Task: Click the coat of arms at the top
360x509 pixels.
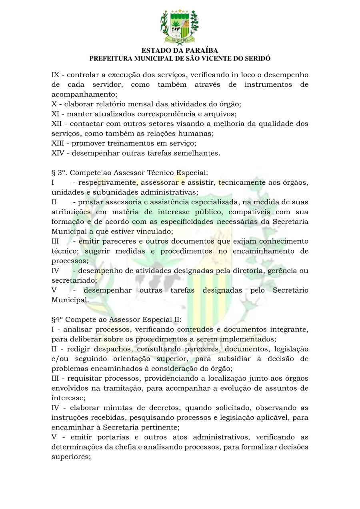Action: pyautogui.click(x=180, y=27)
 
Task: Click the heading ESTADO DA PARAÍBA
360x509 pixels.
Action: pyautogui.click(x=180, y=51)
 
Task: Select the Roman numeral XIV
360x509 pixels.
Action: pyautogui.click(x=58, y=153)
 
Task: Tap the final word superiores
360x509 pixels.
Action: pyautogui.click(x=70, y=457)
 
